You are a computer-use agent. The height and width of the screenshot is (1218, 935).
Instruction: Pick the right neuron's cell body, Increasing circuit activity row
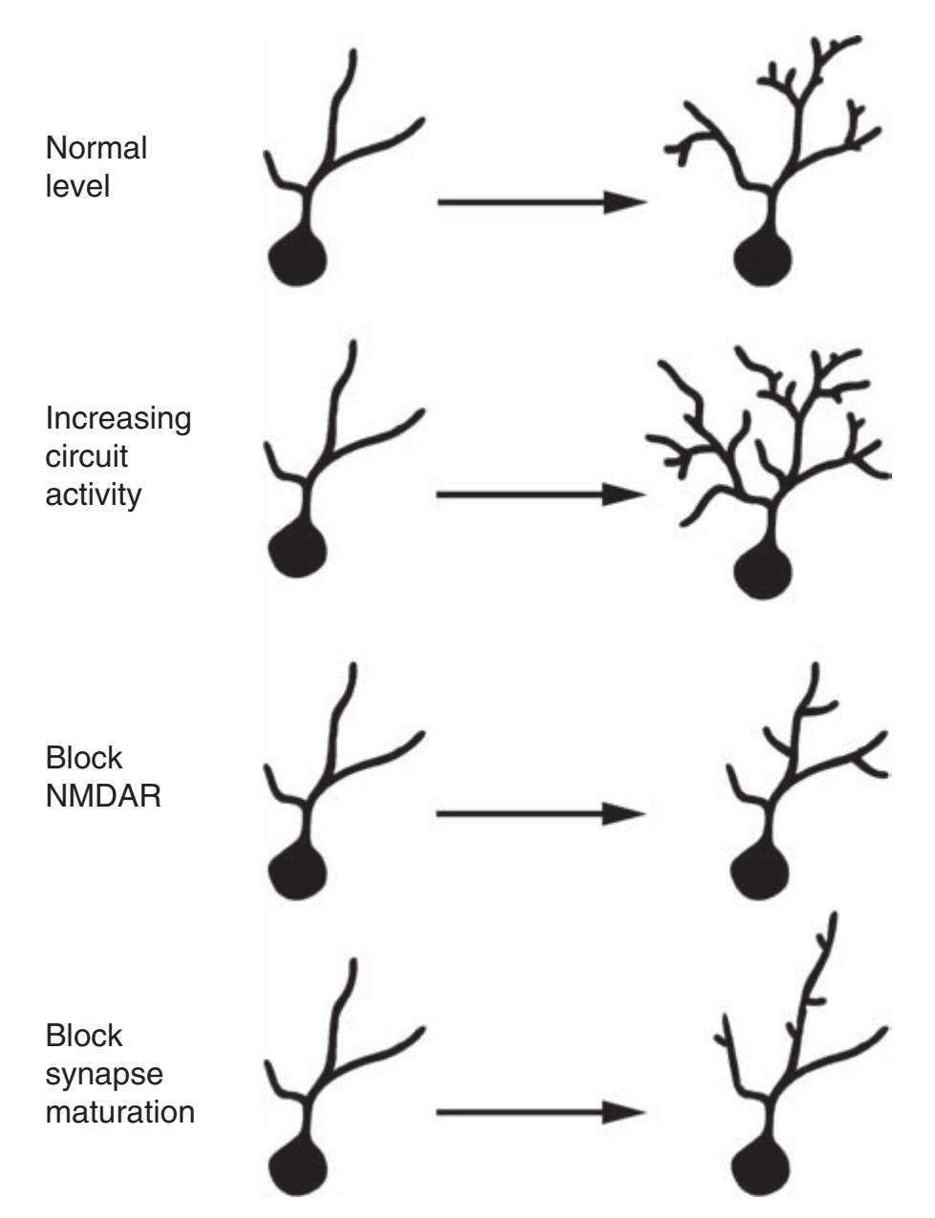click(x=763, y=570)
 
